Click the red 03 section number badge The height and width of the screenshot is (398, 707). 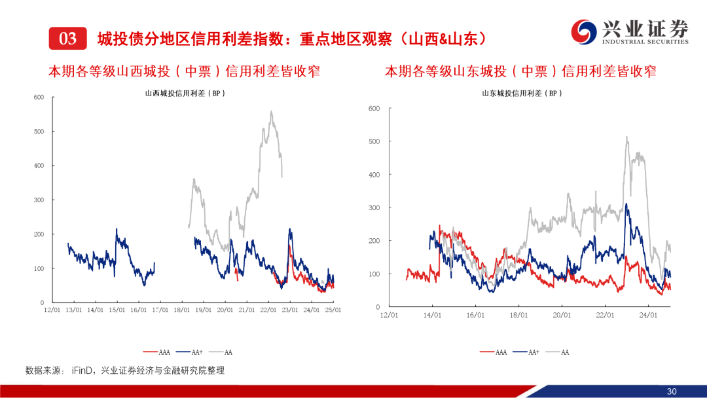67,39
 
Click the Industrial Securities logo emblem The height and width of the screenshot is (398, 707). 583,31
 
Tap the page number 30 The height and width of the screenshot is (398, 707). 671,391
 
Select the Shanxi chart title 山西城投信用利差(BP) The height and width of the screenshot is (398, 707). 185,94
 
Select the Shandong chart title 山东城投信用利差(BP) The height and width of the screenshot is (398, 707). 522,94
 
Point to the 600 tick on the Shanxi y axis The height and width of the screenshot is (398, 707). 39,98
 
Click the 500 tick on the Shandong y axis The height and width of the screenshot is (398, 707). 374,141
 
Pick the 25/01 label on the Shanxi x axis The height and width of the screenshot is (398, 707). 333,310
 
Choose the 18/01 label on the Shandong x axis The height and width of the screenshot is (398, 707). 518,315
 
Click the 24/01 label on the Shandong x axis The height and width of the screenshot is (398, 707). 648,315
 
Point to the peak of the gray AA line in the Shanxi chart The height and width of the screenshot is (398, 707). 271,111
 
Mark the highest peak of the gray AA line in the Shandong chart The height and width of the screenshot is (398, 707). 626,137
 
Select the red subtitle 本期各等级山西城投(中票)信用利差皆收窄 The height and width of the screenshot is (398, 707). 184,71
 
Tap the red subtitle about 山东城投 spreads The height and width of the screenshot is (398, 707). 520,71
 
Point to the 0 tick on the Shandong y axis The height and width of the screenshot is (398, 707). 378,307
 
